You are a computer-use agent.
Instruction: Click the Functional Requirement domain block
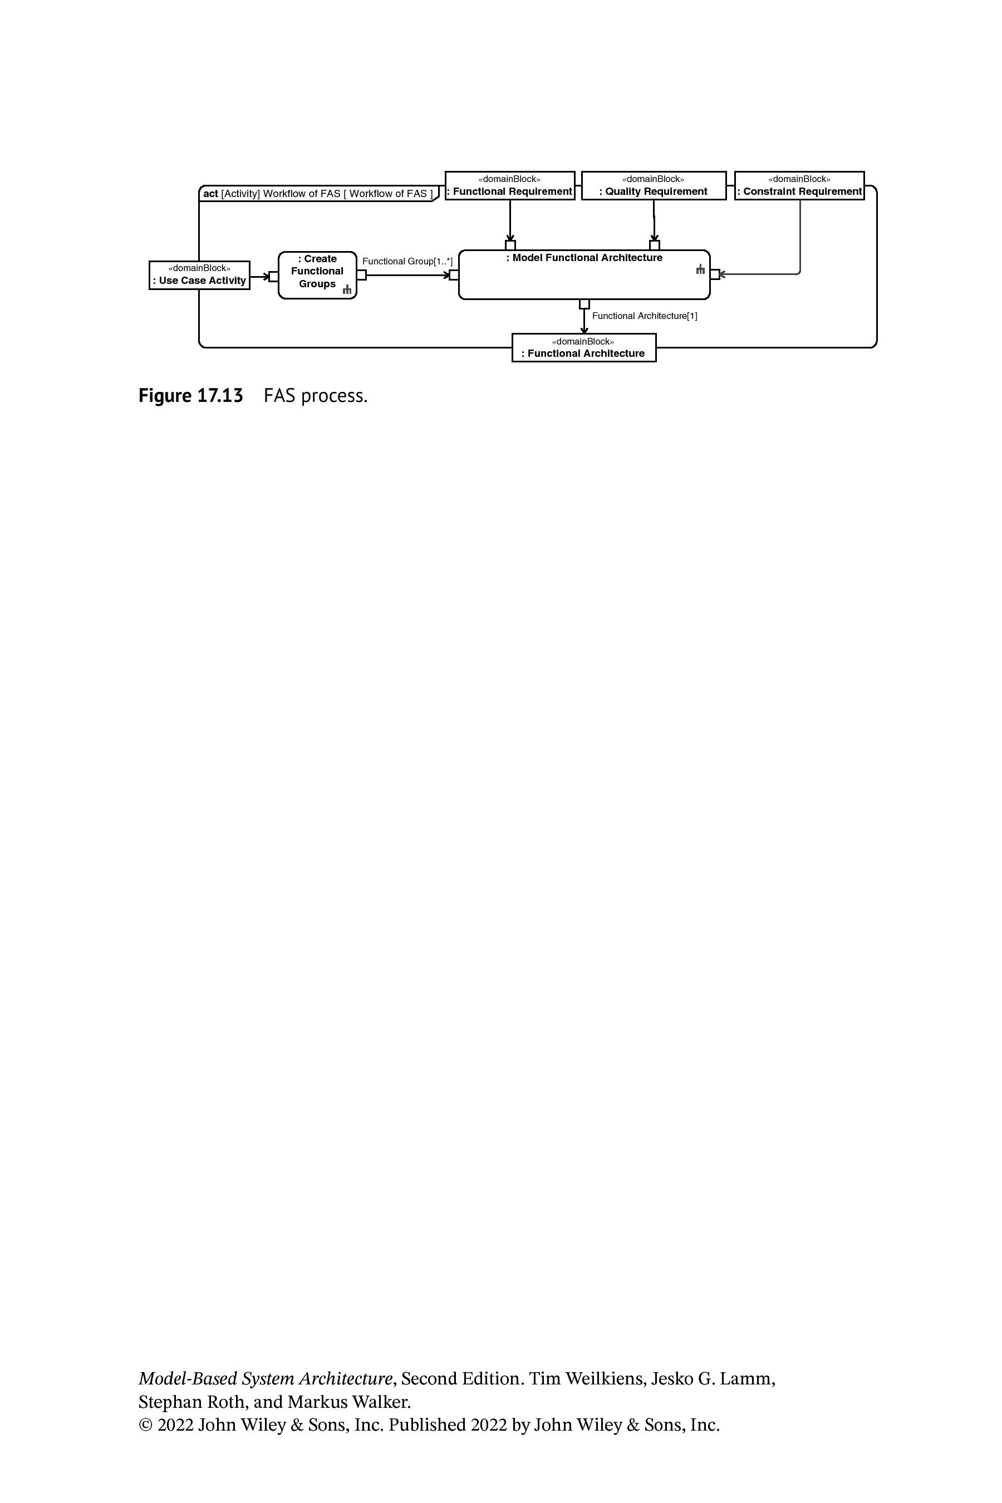click(x=510, y=185)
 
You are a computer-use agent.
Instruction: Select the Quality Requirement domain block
click(x=654, y=185)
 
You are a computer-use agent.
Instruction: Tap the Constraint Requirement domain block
click(x=799, y=185)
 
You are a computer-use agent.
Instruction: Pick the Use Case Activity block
click(x=199, y=276)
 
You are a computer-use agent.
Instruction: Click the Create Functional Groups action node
click(x=318, y=276)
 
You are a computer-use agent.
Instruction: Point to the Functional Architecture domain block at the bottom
click(x=584, y=347)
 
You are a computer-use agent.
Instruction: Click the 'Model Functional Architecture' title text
click(x=584, y=258)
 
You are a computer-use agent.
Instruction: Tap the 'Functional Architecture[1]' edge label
click(x=645, y=316)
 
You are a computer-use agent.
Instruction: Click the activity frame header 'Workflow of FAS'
click(x=318, y=194)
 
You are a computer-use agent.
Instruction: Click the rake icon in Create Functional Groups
click(x=347, y=289)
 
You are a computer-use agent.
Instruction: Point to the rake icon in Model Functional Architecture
click(x=700, y=269)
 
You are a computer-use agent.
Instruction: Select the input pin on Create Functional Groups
click(x=273, y=277)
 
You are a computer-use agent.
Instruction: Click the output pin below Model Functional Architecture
click(x=584, y=304)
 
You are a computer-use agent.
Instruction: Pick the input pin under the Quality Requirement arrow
click(x=655, y=245)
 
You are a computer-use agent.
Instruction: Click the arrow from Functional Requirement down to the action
click(x=510, y=220)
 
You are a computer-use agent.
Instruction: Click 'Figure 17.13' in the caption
click(x=190, y=396)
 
